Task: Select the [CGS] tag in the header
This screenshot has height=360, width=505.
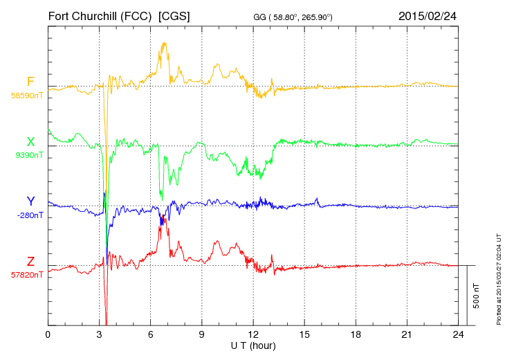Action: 175,15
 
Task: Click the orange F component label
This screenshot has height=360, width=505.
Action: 30,82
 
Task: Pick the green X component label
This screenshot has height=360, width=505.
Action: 30,142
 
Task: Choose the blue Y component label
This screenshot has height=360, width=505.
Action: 30,201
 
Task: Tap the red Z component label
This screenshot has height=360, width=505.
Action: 30,261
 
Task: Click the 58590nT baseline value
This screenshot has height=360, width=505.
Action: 27,96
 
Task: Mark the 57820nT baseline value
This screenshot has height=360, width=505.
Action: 27,274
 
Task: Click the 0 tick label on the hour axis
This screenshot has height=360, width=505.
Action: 48,334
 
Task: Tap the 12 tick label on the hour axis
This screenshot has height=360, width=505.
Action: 253,334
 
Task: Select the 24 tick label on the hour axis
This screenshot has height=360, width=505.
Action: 458,334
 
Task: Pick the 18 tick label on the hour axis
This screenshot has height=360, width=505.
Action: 356,334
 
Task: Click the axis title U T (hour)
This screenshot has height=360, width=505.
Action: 253,345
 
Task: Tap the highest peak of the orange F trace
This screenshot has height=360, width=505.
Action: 164,43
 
